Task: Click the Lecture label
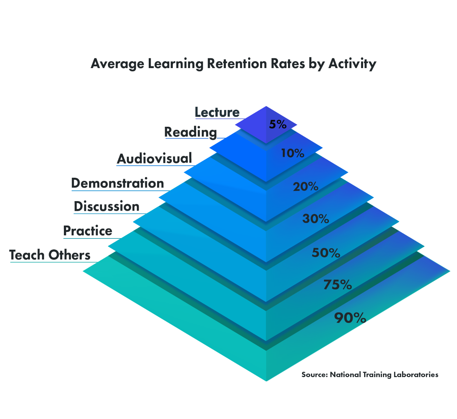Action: tap(217, 112)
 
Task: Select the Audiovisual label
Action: tap(154, 159)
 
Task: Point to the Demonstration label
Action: tap(118, 183)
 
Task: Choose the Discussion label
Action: tap(106, 206)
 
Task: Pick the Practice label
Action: tap(88, 230)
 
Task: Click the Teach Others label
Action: tap(50, 255)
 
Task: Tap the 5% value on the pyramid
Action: tap(278, 124)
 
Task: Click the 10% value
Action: tap(293, 153)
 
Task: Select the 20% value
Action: tap(305, 187)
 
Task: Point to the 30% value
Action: tap(316, 219)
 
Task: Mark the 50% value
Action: tap(326, 253)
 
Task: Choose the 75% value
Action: tap(338, 285)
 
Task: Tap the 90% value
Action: tap(350, 318)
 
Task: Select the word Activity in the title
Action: tap(352, 64)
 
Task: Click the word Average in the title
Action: tap(117, 64)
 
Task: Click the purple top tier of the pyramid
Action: tap(266, 125)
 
